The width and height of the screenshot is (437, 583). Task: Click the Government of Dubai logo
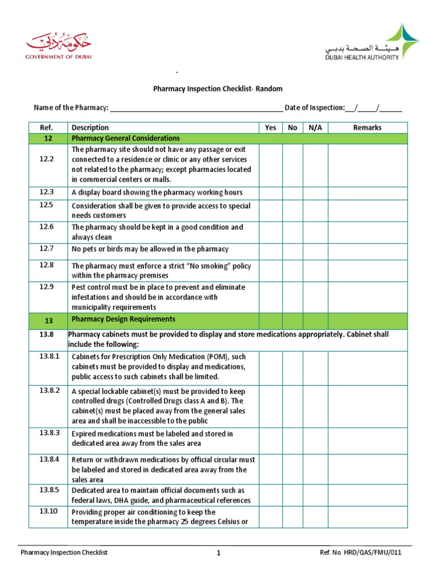coord(57,46)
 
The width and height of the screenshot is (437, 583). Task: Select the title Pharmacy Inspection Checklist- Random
coord(218,89)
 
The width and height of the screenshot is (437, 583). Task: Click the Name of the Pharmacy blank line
coord(196,108)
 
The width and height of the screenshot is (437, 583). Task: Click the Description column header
coord(90,128)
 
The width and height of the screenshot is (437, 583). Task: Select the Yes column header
coord(270,128)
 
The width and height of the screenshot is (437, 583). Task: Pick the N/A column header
coord(315,128)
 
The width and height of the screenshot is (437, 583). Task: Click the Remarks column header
coord(367,128)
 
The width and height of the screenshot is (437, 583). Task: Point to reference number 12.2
coord(47,159)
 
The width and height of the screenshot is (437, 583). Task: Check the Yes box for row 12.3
coord(270,192)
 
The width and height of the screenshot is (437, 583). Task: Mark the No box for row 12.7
coord(292,249)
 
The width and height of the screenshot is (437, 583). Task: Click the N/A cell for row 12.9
coord(315,297)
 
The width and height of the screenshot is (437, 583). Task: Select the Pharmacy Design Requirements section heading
coord(123,319)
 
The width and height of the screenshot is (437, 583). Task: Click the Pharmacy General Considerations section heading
coord(126,138)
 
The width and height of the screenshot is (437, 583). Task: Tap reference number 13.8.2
coord(49,391)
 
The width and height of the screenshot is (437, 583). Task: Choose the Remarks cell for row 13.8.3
coord(367,438)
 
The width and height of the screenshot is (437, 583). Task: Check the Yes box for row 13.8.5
coord(270,495)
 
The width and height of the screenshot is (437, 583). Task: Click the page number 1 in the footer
coord(218,553)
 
